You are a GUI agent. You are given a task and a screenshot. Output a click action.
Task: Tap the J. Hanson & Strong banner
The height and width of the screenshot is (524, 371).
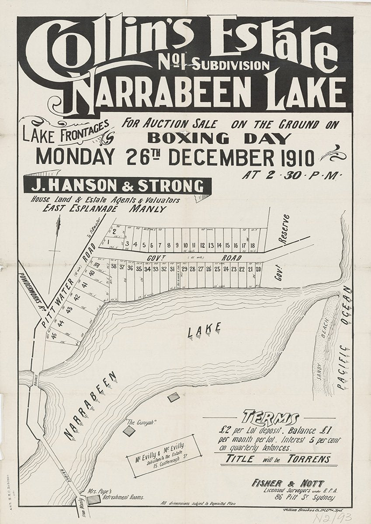[117, 186]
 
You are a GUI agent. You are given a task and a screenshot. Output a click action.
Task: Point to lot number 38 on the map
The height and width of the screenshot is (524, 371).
[114, 267]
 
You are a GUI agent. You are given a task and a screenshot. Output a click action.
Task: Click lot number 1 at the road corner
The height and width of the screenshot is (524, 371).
[107, 241]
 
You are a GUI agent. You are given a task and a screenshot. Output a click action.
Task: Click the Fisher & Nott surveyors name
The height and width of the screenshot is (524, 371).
[288, 483]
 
